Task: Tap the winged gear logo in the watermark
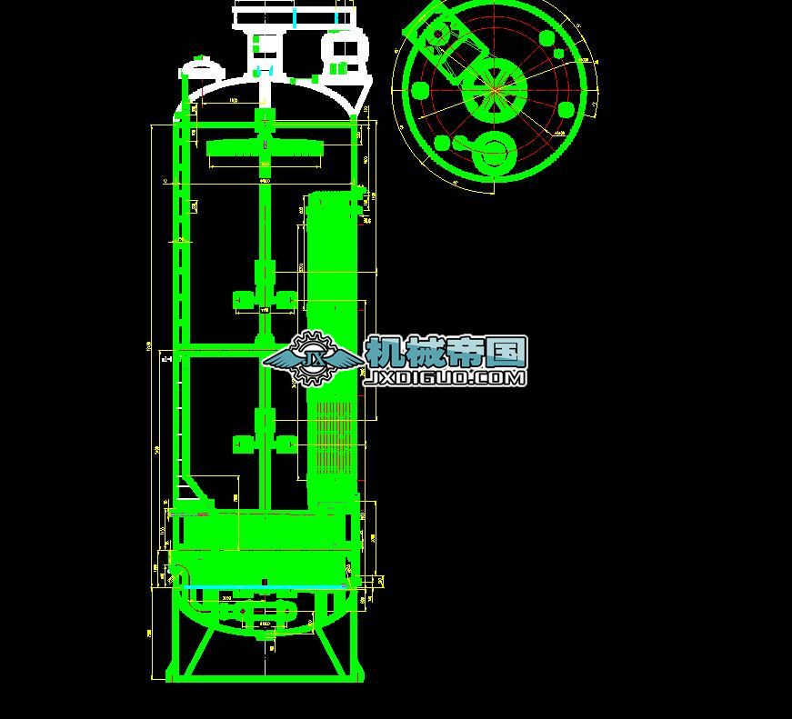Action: click(312, 355)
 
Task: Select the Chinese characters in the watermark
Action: click(446, 351)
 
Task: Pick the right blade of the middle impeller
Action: click(286, 299)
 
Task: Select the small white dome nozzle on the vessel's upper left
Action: click(197, 66)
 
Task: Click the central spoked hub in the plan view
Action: click(495, 90)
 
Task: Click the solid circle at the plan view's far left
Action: click(420, 90)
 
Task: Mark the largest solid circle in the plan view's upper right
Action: click(546, 39)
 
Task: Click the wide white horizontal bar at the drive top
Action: click(293, 16)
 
